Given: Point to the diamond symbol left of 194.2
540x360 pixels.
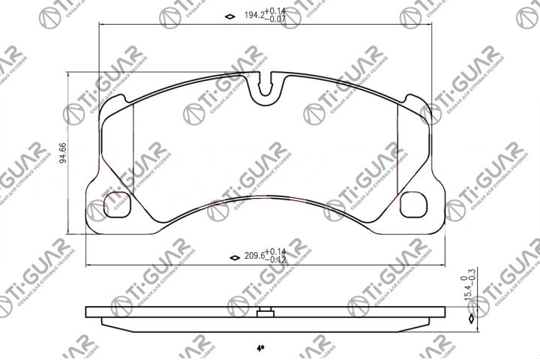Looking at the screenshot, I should click(229, 16).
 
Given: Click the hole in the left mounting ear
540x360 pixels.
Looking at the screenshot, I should click(116, 203).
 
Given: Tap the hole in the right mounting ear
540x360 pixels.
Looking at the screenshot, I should click(415, 203).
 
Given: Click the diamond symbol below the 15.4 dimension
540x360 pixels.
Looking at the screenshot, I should click(470, 319).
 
